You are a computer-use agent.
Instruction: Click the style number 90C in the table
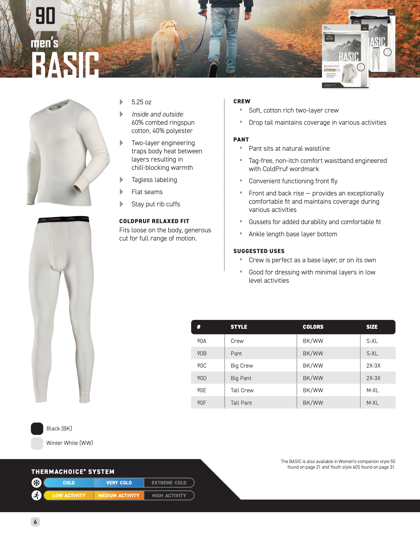pyautogui.click(x=202, y=366)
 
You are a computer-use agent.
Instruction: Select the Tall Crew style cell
pyautogui.click(x=242, y=390)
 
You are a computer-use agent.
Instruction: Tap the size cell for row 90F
pyautogui.click(x=373, y=403)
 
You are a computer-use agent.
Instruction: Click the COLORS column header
pyautogui.click(x=313, y=327)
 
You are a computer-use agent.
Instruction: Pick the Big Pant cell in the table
pyautogui.click(x=241, y=378)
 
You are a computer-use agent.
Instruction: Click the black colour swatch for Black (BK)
pyautogui.click(x=37, y=428)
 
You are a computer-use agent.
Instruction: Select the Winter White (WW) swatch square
pyautogui.click(x=37, y=443)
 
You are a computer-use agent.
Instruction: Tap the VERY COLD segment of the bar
pyautogui.click(x=119, y=483)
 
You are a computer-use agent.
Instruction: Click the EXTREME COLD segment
pyautogui.click(x=169, y=483)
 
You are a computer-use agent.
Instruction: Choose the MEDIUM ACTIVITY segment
pyautogui.click(x=119, y=496)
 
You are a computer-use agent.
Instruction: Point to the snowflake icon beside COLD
pyautogui.click(x=37, y=483)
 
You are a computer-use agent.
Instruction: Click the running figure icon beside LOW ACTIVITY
pyautogui.click(x=37, y=495)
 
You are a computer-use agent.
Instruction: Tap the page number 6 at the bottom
pyautogui.click(x=35, y=522)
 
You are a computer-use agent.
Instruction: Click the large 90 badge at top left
pyautogui.click(x=45, y=16)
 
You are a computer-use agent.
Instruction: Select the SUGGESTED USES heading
pyautogui.click(x=259, y=251)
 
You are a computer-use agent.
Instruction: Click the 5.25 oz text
pyautogui.click(x=141, y=102)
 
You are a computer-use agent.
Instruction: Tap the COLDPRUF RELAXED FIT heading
pyautogui.click(x=154, y=221)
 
